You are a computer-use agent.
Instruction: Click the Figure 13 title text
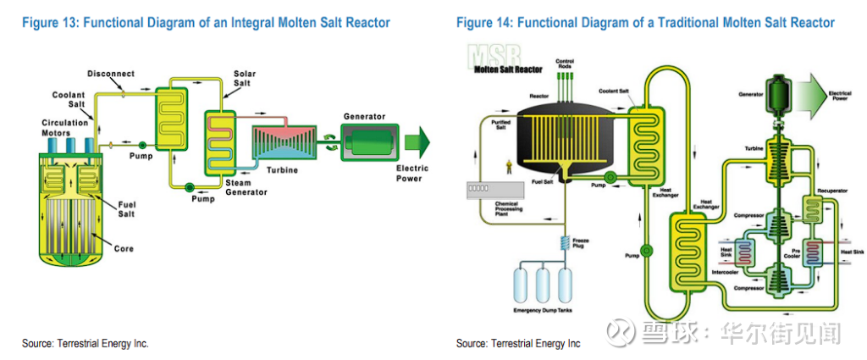point(208,23)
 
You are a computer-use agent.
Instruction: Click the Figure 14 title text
point(645,23)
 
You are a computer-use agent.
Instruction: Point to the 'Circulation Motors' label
point(65,128)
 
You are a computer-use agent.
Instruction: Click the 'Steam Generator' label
point(246,187)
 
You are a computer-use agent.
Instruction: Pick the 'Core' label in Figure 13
point(124,249)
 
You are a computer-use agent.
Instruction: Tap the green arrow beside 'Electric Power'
point(417,141)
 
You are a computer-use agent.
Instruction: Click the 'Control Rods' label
point(565,64)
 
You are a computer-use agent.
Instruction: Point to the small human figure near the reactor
point(506,166)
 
